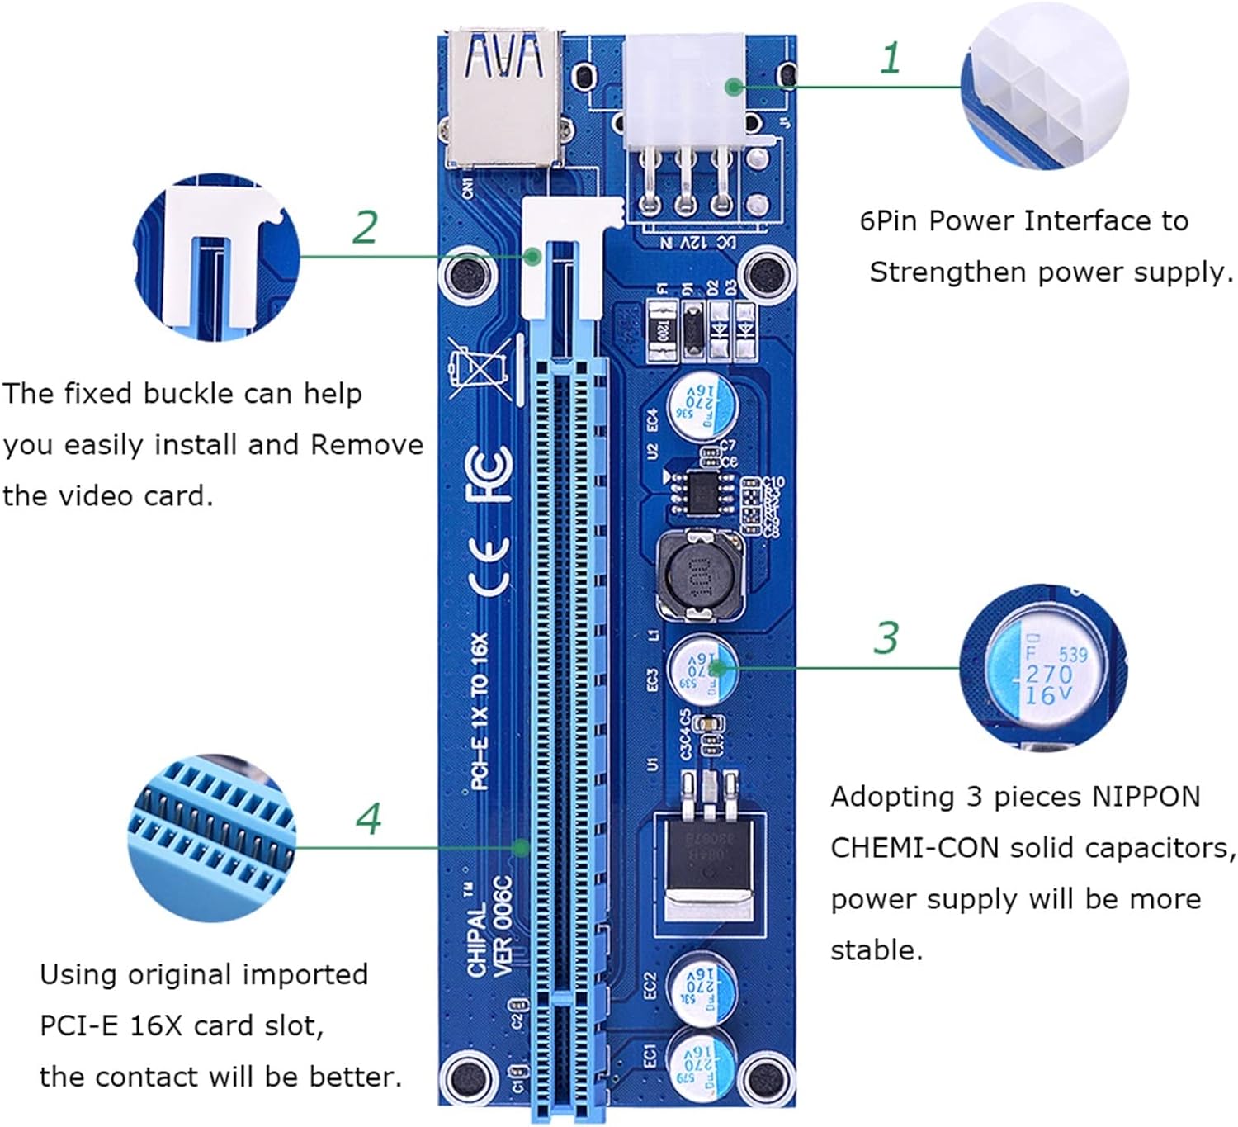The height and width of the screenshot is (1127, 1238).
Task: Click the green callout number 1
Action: click(x=890, y=59)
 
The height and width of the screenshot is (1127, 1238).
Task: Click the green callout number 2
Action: click(x=365, y=227)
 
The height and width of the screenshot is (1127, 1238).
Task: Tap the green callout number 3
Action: click(x=886, y=638)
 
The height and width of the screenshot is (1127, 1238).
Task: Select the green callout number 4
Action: click(x=369, y=818)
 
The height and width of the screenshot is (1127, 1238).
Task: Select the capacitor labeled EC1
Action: click(x=702, y=1060)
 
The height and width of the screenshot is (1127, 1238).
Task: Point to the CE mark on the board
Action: click(x=489, y=566)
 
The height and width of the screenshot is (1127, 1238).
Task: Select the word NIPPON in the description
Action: click(x=1146, y=797)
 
